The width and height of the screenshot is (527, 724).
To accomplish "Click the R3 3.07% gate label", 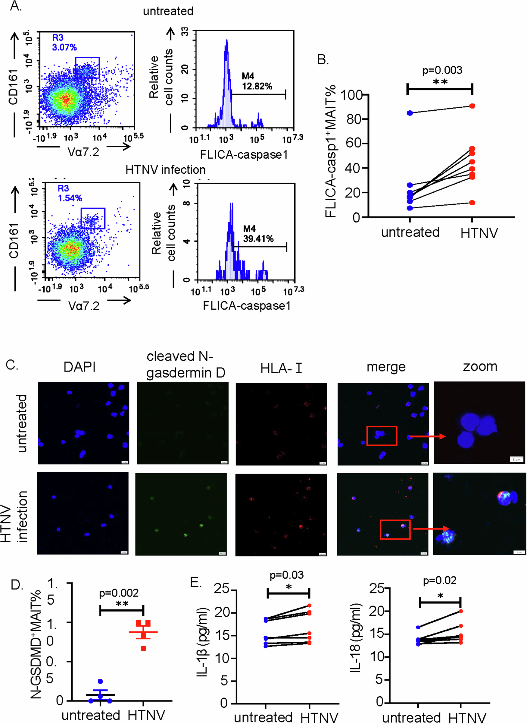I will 64,43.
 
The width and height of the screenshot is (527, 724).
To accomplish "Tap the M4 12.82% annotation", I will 257,81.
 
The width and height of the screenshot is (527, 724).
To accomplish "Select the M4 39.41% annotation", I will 258,233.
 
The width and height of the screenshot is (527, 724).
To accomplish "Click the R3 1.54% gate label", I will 70,193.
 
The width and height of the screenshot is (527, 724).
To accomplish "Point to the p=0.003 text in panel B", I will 442,70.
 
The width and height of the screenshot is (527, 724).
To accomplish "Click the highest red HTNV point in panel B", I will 472,106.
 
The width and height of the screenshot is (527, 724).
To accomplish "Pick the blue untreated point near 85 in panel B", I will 410,113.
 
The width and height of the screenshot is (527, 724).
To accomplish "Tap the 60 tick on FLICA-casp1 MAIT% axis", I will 353,144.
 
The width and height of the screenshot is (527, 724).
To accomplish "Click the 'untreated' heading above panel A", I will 168,11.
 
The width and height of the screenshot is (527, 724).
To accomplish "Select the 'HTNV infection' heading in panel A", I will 165,169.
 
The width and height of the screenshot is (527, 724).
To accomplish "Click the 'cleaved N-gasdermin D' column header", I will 186,364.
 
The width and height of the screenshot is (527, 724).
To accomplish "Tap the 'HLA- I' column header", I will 281,368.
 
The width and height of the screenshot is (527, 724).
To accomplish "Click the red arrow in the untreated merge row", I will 427,436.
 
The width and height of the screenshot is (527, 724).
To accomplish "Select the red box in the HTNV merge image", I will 395,530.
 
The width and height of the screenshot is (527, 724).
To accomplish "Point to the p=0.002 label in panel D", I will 119,593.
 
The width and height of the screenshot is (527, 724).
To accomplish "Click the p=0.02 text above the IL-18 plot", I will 440,580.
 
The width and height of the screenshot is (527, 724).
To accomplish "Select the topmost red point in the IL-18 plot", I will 461,611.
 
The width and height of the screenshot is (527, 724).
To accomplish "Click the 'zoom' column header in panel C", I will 480,366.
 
